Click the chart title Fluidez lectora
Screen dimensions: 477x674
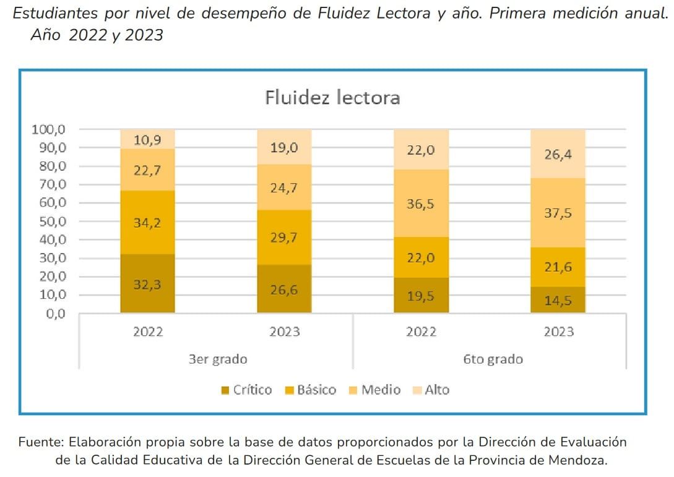pos(332,98)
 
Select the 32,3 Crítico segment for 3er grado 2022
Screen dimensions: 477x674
pos(147,283)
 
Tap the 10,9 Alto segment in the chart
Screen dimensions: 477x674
pos(147,139)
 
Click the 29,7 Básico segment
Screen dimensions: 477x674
pos(285,237)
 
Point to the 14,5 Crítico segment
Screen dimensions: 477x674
pos(558,299)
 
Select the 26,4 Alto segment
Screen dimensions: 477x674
pos(558,153)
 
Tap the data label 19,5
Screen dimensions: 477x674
pos(421,296)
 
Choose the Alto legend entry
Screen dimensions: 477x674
pos(437,390)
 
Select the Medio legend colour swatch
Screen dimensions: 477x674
pos(353,390)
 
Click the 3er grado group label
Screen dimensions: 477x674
pos(218,359)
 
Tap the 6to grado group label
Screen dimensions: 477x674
pos(493,359)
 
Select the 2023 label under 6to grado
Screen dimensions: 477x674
pos(558,332)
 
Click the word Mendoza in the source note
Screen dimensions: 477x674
pos(579,460)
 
